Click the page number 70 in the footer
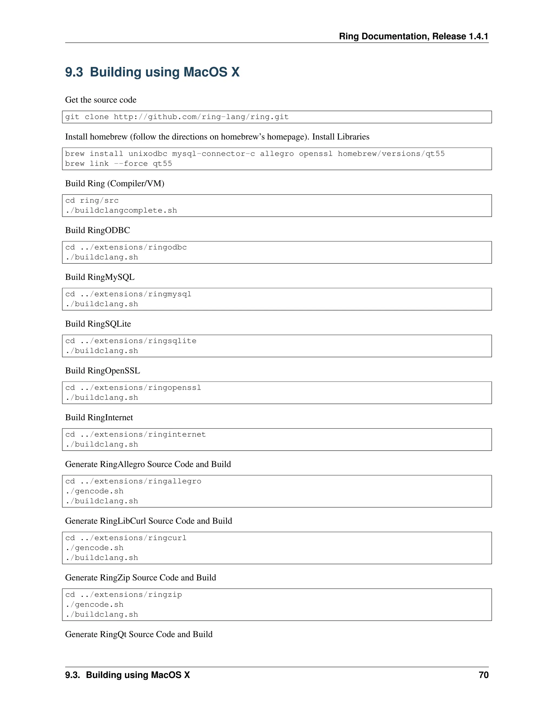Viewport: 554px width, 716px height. (483, 675)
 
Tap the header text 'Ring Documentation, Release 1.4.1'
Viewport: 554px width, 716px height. (414, 36)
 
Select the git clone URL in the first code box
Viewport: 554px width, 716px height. (201, 117)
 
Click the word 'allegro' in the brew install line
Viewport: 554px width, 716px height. (277, 154)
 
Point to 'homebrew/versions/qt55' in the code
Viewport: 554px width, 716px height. (391, 154)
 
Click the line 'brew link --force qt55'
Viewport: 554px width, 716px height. (118, 163)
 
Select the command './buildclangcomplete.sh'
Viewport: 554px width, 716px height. (121, 210)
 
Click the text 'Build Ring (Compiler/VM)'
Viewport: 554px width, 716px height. (114, 183)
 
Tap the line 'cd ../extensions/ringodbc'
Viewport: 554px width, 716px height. (126, 247)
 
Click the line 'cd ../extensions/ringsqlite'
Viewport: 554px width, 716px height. (131, 341)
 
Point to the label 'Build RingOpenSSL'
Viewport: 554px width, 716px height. (103, 370)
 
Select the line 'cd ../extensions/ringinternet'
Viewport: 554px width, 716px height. (136, 434)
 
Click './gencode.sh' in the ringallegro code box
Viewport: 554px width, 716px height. (94, 491)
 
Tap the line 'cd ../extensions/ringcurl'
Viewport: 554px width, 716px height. (126, 538)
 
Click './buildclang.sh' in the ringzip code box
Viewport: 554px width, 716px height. (102, 614)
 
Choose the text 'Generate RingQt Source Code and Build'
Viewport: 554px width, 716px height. (139, 634)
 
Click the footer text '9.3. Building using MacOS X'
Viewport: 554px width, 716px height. (127, 675)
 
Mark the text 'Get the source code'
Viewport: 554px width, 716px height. (101, 100)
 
